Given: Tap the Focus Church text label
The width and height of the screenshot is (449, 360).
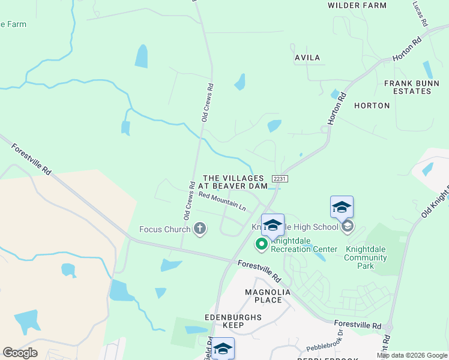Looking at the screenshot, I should coord(164,229).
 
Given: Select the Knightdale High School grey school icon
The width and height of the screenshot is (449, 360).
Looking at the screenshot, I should coord(348,227).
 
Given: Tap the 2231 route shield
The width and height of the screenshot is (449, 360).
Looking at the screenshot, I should coord(280,179).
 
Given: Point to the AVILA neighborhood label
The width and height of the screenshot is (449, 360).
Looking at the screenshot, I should coord(307,58).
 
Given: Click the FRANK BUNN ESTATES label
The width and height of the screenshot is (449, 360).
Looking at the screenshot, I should coord(408,87).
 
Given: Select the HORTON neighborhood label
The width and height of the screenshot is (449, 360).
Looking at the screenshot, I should coord(372,106).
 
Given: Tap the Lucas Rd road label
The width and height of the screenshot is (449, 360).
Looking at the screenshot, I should coord(419,14).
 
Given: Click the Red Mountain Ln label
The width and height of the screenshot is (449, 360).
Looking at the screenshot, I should coord(222,202).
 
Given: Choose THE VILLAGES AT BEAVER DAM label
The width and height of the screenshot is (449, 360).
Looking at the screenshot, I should coord(233,182).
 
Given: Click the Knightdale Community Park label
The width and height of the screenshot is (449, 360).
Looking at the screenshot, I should coord(366,257).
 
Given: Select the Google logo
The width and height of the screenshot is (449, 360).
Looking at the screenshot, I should coord(20,352).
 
